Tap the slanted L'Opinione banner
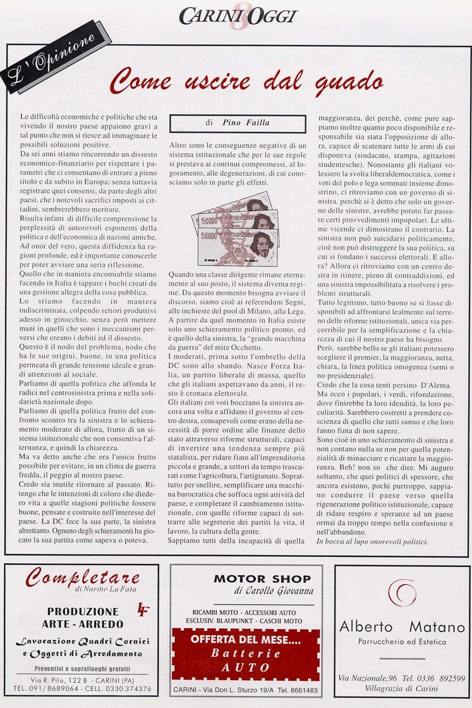pos(56,56)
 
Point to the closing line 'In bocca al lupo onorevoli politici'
pos(372,542)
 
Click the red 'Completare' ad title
pos(83,577)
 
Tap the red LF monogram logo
pos(143,609)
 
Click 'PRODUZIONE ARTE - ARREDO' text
pos(82,618)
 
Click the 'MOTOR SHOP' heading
pos(262,578)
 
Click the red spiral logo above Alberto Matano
pos(402,594)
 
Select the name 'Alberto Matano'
pos(402,627)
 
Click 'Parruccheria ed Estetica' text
pos(402,642)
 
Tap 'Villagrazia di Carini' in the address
pos(402,688)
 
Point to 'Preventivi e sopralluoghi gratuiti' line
pos(82,668)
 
